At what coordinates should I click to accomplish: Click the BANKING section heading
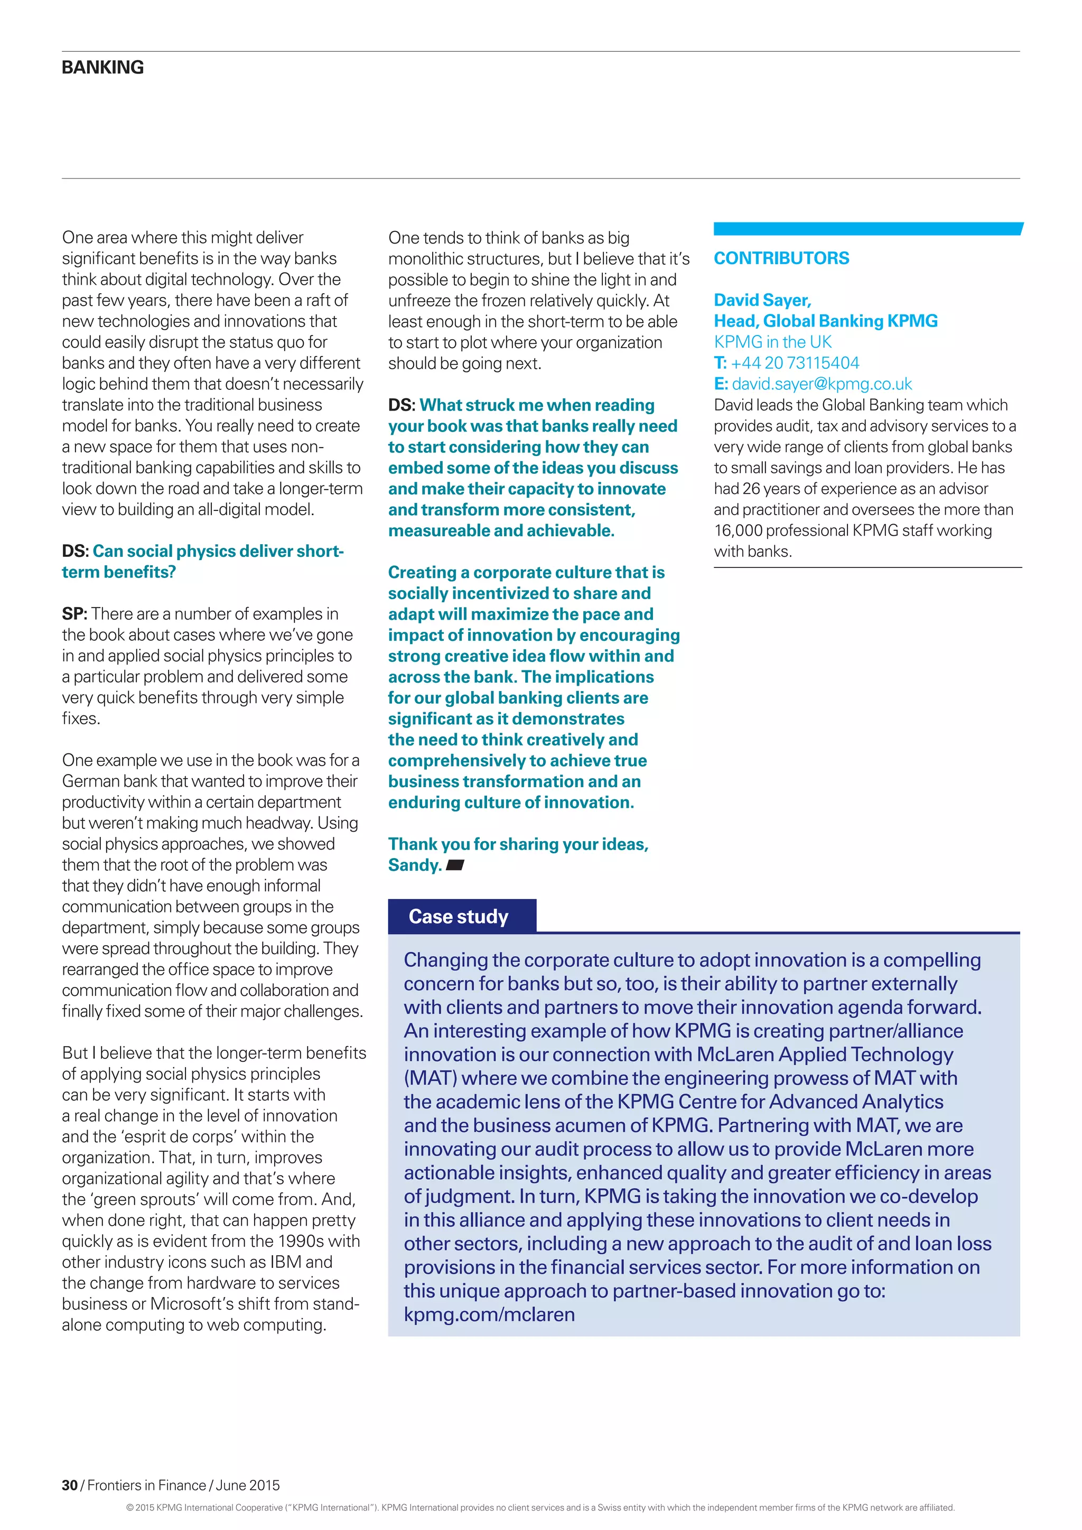[x=102, y=67]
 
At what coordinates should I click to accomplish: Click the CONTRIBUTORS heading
[x=781, y=258]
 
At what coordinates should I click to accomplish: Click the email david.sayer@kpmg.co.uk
[x=822, y=384]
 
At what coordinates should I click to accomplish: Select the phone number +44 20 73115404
[x=794, y=362]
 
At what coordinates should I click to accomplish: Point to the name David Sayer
[x=761, y=300]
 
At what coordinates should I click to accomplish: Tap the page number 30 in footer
[x=69, y=1485]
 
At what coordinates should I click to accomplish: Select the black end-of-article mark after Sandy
[x=454, y=865]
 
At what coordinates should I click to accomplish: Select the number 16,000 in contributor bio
[x=738, y=530]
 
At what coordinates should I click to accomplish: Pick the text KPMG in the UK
[x=772, y=342]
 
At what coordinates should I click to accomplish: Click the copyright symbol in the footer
[x=130, y=1507]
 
